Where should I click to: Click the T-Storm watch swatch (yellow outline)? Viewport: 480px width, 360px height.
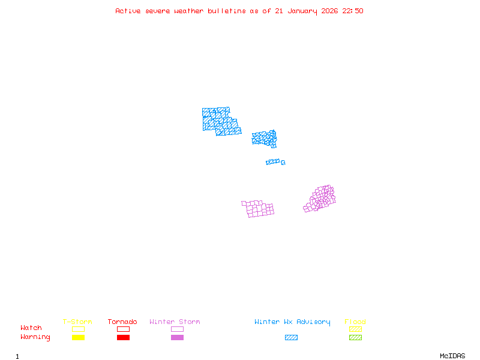pyautogui.click(x=78, y=329)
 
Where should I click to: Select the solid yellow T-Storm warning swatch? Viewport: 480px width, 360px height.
pyautogui.click(x=78, y=338)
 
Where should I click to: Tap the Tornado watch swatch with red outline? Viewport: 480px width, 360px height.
pyautogui.click(x=123, y=329)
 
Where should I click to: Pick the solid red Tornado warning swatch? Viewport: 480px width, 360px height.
pyautogui.click(x=123, y=338)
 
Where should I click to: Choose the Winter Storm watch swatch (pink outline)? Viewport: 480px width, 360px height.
pyautogui.click(x=177, y=329)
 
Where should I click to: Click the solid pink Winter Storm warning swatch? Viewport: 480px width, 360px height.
pyautogui.click(x=177, y=338)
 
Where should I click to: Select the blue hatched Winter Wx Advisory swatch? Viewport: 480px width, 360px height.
pyautogui.click(x=291, y=338)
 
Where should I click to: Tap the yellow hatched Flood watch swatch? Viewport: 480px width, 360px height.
pyautogui.click(x=355, y=329)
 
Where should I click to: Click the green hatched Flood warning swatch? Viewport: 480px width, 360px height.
pyautogui.click(x=355, y=338)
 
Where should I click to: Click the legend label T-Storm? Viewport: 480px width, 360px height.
pyautogui.click(x=77, y=322)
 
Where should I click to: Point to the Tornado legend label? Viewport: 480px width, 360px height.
pyautogui.click(x=122, y=322)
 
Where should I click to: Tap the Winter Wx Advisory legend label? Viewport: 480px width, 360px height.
pyautogui.click(x=292, y=322)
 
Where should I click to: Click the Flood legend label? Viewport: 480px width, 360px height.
pyautogui.click(x=355, y=322)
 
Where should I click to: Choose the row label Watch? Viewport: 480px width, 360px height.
pyautogui.click(x=31, y=328)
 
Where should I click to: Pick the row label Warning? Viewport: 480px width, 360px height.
pyautogui.click(x=35, y=337)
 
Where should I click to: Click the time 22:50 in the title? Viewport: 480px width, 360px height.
pyautogui.click(x=353, y=11)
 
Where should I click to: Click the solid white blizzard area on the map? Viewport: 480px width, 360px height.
pyautogui.click(x=271, y=153)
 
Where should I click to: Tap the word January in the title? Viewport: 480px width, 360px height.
pyautogui.click(x=304, y=11)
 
